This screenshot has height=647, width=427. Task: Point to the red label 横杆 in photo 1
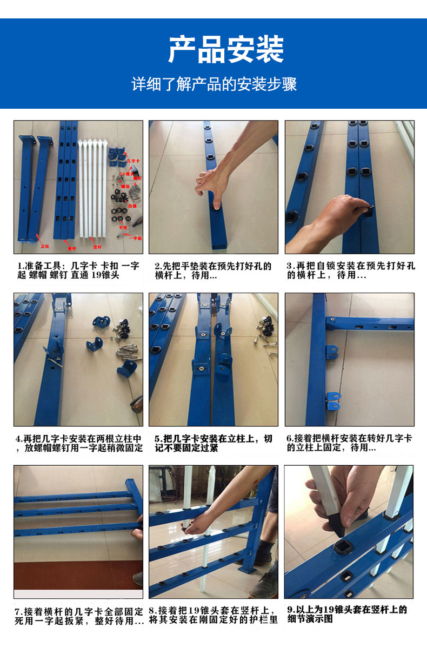click(72, 248)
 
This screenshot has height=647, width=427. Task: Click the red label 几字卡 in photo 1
click(132, 161)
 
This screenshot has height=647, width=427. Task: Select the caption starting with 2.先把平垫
click(213, 270)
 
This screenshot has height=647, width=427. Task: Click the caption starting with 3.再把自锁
click(350, 270)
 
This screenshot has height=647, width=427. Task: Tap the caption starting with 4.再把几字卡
click(79, 443)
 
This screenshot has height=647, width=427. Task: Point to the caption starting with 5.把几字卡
click(213, 443)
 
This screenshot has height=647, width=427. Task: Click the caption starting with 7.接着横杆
click(79, 616)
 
